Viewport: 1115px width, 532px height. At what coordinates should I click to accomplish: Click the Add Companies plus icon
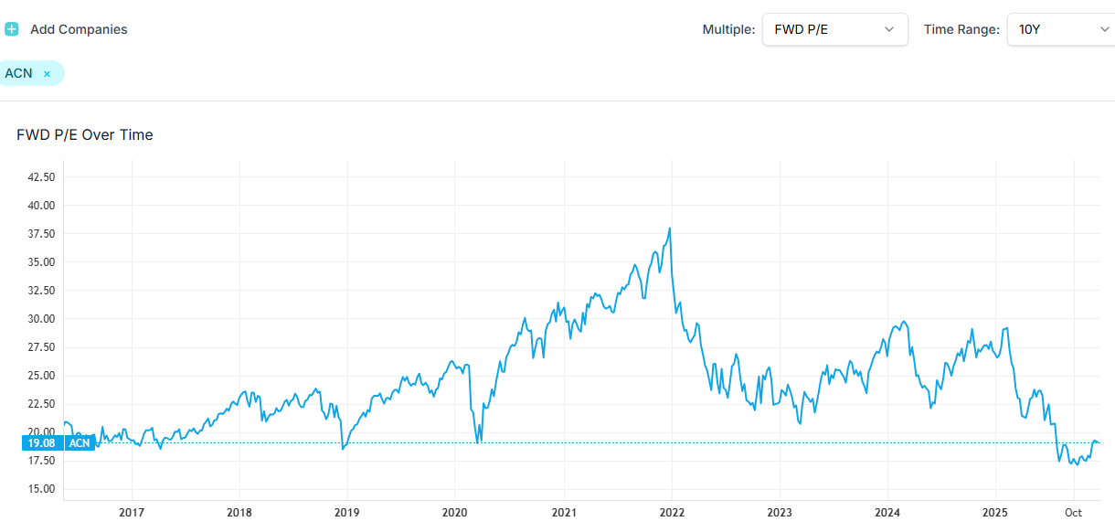pos(11,29)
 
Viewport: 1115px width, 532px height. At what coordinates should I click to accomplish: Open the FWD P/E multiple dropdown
pos(834,29)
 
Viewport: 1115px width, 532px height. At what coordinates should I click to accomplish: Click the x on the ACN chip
pos(47,74)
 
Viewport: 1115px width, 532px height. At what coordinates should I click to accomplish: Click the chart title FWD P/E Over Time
pos(85,135)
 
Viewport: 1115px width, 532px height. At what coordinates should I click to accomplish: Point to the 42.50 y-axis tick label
pos(42,177)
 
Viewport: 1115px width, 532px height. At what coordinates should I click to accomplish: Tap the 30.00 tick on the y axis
pos(42,319)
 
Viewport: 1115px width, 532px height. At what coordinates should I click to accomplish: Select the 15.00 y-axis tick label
pos(42,489)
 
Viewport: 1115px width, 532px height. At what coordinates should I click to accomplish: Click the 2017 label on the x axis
pos(132,513)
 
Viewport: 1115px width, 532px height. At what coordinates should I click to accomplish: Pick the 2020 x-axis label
pos(455,513)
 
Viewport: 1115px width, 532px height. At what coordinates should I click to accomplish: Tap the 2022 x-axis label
pos(672,513)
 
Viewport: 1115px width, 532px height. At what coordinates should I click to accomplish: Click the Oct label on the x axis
pos(1074,513)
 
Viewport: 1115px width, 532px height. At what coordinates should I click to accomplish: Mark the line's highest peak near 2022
pos(670,229)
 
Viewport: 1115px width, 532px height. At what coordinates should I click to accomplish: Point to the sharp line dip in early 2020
pos(479,442)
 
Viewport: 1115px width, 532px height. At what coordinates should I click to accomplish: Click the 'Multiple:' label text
pos(728,29)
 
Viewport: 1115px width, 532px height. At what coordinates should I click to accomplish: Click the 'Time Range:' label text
pos(961,29)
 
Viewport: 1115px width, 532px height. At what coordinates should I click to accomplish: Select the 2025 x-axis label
pos(995,513)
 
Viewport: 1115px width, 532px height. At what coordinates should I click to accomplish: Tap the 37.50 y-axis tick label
pos(42,234)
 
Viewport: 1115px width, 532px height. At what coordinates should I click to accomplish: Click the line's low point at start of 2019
pos(343,448)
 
